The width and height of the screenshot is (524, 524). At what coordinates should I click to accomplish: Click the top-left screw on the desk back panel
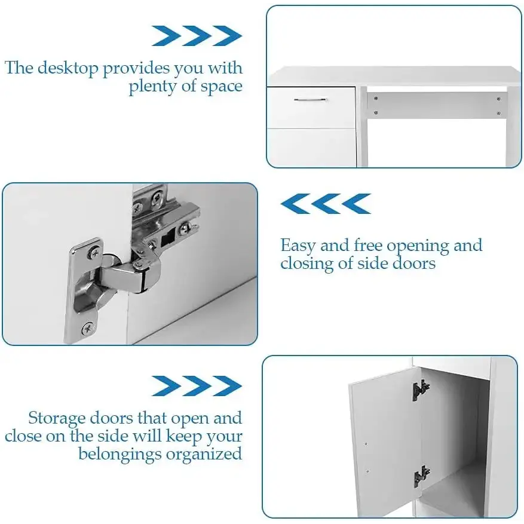[x=376, y=99]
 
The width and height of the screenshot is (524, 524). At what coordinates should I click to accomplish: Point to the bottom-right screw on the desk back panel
[x=498, y=114]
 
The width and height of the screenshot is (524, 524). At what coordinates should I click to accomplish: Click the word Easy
[x=298, y=246]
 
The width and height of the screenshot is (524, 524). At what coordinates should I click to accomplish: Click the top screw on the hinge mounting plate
[x=94, y=252]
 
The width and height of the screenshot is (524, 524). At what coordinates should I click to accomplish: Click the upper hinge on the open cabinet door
[x=421, y=390]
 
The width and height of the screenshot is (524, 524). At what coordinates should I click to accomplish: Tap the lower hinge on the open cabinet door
[x=422, y=476]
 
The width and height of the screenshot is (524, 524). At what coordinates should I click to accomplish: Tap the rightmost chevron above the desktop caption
[x=228, y=36]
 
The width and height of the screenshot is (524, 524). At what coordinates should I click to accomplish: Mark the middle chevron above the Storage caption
[x=197, y=386]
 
